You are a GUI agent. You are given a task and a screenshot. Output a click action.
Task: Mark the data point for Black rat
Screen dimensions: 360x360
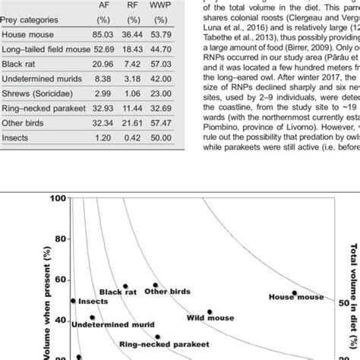(126, 287)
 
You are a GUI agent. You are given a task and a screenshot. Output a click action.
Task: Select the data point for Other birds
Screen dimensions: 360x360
(156, 286)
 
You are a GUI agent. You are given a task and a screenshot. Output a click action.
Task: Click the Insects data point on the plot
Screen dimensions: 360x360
(74, 301)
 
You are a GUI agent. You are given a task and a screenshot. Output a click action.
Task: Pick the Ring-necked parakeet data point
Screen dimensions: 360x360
(157, 336)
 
